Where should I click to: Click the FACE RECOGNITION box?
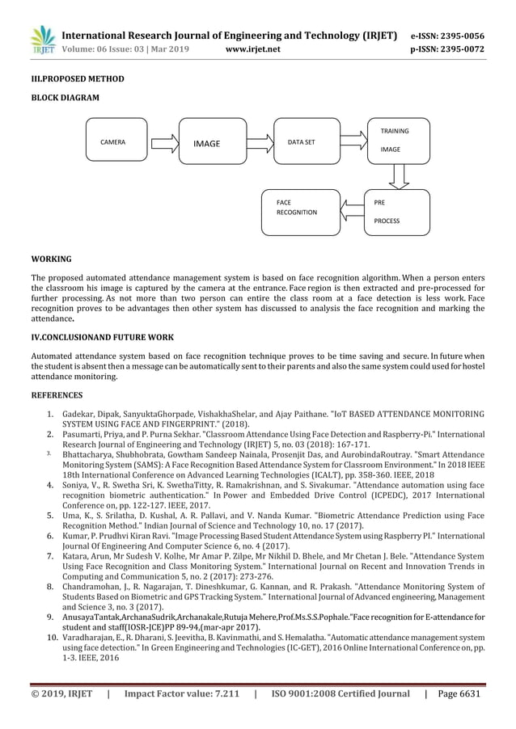[x=300, y=211]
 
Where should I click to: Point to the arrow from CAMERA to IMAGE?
[x=163, y=142]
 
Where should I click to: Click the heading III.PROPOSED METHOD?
[x=78, y=80]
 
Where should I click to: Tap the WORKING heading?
[x=51, y=259]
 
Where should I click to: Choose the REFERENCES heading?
[x=57, y=395]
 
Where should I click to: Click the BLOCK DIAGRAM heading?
[x=66, y=98]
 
